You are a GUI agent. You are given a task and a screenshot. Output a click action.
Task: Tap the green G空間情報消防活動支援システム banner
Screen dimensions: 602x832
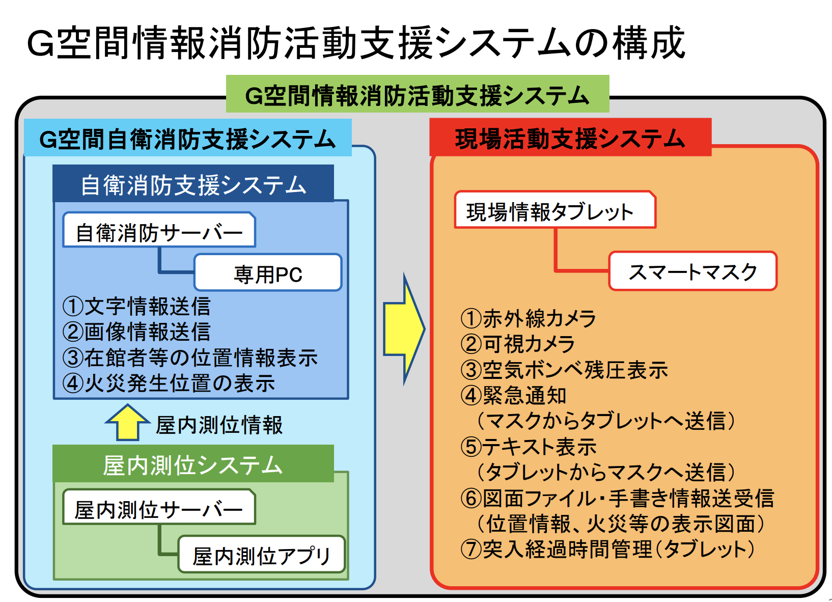[418, 94]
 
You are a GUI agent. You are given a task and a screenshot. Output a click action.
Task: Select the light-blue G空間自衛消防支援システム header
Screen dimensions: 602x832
[187, 138]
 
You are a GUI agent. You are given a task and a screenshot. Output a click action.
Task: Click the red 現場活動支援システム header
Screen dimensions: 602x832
[570, 138]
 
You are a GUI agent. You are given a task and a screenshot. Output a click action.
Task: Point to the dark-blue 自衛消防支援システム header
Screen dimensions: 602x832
[193, 184]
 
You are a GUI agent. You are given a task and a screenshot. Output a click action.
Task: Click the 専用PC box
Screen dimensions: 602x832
[268, 273]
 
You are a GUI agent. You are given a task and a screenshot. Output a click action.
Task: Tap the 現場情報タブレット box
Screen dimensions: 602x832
[554, 210]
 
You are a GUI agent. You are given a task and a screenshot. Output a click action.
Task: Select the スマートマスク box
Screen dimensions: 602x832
[692, 271]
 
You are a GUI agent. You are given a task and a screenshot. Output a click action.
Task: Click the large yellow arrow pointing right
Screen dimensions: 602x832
[404, 329]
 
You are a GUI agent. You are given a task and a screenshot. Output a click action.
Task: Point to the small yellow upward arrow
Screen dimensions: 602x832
[127, 423]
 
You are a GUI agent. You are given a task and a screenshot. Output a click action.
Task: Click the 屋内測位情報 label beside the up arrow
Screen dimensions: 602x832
[219, 425]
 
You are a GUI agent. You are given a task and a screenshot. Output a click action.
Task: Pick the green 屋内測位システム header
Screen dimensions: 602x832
[193, 464]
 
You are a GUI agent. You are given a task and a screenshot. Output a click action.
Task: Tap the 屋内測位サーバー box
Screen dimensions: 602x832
[159, 508]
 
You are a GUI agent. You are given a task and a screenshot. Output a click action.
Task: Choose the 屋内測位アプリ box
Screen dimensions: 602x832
[262, 555]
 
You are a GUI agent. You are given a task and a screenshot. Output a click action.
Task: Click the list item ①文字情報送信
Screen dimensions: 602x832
[136, 306]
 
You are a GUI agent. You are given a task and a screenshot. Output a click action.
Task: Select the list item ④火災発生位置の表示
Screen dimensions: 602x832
[169, 383]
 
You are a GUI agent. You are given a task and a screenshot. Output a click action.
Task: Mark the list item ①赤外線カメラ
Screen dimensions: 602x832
[528, 319]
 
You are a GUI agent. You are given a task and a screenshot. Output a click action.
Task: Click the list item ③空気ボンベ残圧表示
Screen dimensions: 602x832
[564, 370]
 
